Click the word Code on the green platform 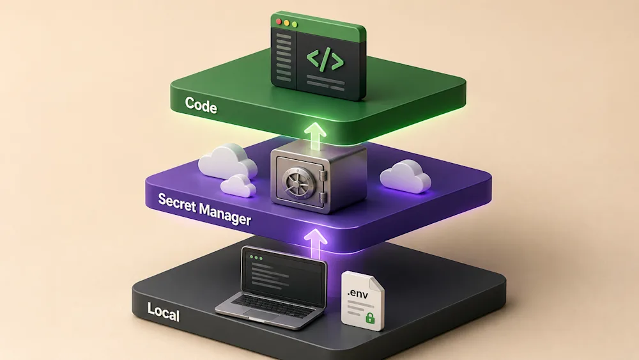[x=201, y=106]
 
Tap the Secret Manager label [x=204, y=209]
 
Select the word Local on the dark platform [x=164, y=312]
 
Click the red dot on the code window [x=279, y=21]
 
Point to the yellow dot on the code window [x=286, y=23]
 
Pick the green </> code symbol [x=325, y=60]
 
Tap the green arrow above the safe [x=315, y=136]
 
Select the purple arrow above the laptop [x=316, y=244]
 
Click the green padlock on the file [x=369, y=318]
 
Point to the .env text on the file [x=358, y=293]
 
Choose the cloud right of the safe [x=406, y=176]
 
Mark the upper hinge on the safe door [x=323, y=176]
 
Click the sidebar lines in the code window [x=284, y=57]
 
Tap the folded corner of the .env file [x=376, y=283]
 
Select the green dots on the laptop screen [x=256, y=258]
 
